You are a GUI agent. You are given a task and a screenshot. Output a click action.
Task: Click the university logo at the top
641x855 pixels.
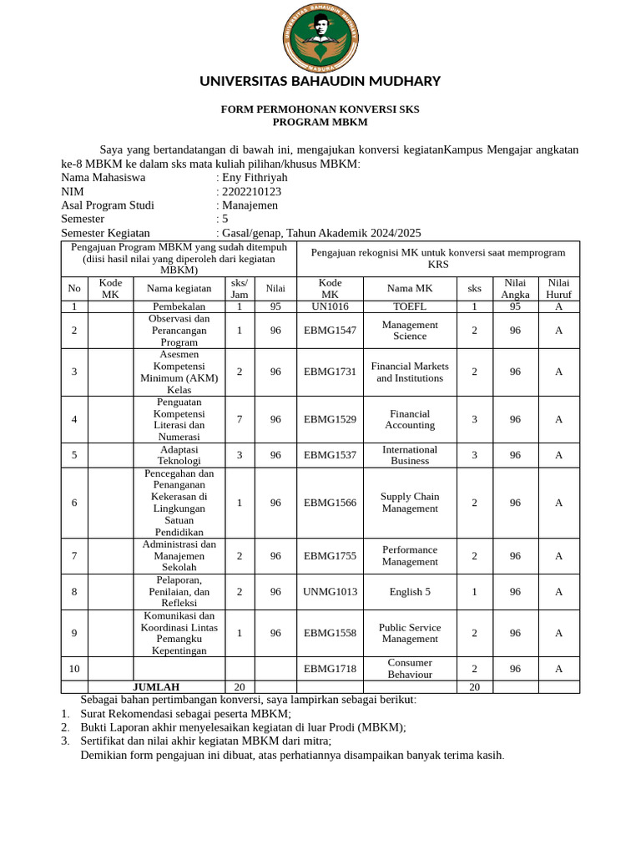pos(320,36)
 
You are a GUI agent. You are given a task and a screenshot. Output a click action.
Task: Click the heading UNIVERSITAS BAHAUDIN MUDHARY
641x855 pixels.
pos(320,81)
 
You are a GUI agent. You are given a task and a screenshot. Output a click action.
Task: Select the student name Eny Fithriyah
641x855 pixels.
pos(255,177)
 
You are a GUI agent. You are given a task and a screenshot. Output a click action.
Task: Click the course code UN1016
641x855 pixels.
pos(330,306)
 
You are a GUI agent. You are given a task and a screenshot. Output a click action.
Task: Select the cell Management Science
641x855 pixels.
pos(410,330)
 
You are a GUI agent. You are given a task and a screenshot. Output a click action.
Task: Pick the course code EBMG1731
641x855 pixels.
pos(330,372)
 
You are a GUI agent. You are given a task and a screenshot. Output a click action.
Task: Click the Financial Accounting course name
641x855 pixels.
pos(410,419)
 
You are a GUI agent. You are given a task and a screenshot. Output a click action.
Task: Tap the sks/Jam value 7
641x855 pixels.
pos(240,419)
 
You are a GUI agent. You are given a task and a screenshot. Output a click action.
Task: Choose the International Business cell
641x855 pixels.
pos(410,455)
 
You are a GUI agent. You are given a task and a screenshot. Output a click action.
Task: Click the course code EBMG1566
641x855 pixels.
pos(330,503)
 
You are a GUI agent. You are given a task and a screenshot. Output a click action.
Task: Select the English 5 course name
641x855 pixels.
pos(410,591)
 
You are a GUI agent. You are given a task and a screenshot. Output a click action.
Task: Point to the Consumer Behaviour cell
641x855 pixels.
pos(410,668)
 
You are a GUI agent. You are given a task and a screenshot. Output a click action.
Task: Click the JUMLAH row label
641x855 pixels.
pos(156,687)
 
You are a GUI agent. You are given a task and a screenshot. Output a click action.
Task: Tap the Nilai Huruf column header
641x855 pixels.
pos(558,289)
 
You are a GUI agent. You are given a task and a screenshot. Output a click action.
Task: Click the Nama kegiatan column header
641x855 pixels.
pos(179,289)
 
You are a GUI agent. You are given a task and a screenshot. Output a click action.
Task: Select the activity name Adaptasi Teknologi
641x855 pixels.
pos(179,455)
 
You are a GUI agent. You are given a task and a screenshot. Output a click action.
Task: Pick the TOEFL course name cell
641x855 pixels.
pos(410,306)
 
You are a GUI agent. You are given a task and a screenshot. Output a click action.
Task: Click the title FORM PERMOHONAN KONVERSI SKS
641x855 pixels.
pos(320,109)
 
